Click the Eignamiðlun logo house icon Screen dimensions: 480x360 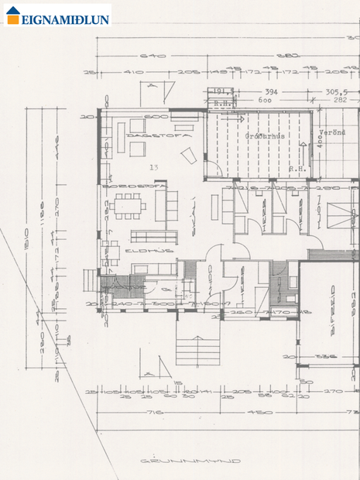pos(12,15)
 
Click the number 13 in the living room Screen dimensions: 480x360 pos(154,166)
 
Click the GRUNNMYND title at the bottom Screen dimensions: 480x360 pos(190,461)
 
